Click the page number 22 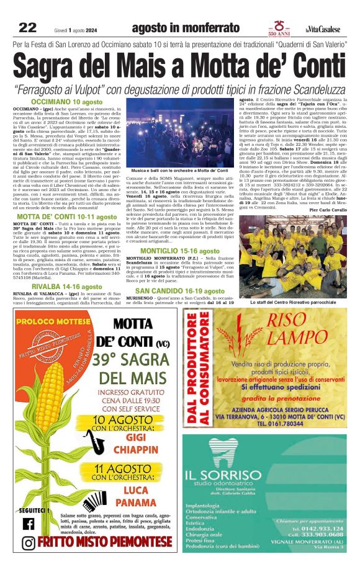pyautogui.click(x=27, y=28)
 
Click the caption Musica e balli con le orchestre pyautogui.click(x=176, y=170)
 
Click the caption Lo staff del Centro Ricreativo pyautogui.click(x=293, y=302)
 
